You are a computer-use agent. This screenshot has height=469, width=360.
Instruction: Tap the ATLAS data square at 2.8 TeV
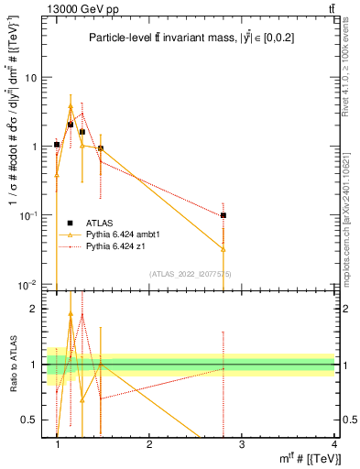tap(224, 215)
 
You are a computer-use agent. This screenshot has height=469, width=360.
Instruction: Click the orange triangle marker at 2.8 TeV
tap(224, 248)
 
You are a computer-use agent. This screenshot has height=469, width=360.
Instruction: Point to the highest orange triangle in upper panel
tap(71, 107)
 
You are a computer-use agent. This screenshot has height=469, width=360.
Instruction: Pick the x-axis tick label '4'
tap(334, 443)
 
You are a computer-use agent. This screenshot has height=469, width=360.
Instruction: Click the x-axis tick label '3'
tap(242, 443)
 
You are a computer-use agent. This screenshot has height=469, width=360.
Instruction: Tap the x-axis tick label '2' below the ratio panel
tap(149, 443)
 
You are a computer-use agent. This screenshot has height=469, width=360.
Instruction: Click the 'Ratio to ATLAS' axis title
tap(12, 365)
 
